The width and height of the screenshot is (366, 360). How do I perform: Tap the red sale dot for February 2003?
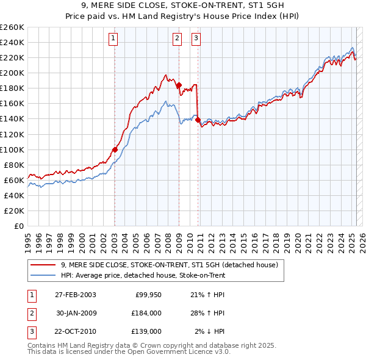[115, 149]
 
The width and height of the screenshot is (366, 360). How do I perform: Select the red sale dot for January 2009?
[179, 85]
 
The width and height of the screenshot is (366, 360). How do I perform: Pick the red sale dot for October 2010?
[198, 119]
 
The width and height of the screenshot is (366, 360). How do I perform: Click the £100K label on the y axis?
[13, 149]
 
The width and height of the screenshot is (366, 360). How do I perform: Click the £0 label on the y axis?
[18, 226]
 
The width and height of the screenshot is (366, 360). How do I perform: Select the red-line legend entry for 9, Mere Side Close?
[169, 265]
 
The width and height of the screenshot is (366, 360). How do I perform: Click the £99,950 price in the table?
[146, 295]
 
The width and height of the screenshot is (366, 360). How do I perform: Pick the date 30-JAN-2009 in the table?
[76, 313]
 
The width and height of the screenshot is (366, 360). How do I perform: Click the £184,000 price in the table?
[146, 313]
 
